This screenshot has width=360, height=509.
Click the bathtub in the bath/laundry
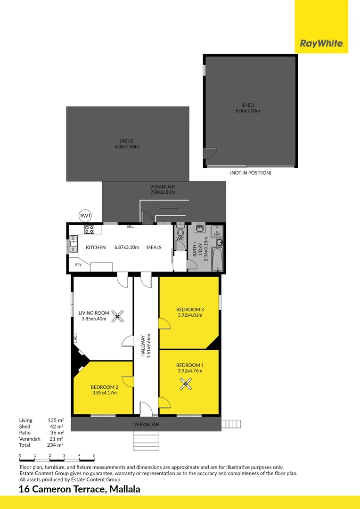(217, 260)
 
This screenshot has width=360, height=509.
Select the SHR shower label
(217, 234)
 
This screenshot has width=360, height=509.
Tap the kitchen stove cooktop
(90, 230)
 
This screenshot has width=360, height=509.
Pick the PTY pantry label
(78, 265)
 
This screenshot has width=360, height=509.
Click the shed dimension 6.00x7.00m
(248, 111)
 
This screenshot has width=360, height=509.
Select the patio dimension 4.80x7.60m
(127, 147)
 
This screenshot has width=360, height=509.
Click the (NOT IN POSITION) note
(250, 173)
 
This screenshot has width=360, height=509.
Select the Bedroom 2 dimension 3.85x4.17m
(104, 393)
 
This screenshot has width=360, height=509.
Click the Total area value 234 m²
(56, 445)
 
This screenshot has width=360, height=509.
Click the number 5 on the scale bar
(94, 455)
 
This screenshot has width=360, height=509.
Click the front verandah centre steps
(146, 441)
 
